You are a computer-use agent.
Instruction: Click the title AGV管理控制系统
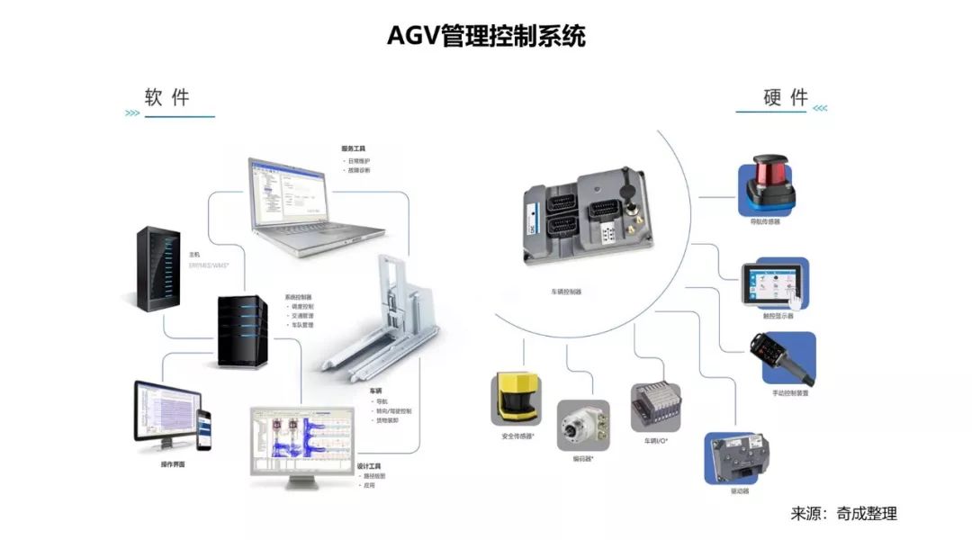coord(486,37)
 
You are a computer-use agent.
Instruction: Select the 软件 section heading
coord(167,97)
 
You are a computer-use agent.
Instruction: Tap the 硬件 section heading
coord(786,98)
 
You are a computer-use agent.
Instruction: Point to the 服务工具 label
coord(353,148)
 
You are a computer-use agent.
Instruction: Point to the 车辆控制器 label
coord(566,292)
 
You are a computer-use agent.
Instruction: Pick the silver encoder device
coord(582,425)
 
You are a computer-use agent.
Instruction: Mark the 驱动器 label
coord(740,491)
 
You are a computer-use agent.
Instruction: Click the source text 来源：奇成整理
coord(843,514)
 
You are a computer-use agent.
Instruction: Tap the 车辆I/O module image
coord(655,406)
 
